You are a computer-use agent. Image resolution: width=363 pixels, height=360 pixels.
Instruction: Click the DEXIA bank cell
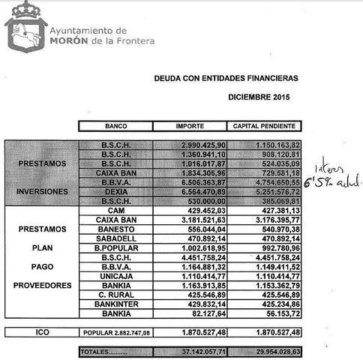pyautogui.click(x=116, y=191)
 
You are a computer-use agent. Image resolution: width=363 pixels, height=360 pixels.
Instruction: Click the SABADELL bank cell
pyautogui.click(x=116, y=238)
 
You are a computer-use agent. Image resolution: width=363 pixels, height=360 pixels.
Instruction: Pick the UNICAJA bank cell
pyautogui.click(x=116, y=277)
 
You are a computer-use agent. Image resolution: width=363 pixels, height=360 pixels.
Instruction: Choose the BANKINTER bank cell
pyautogui.click(x=116, y=305)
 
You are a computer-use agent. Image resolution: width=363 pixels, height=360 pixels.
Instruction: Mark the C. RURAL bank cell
pyautogui.click(x=116, y=295)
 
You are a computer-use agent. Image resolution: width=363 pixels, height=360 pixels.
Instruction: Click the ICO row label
pyautogui.click(x=41, y=331)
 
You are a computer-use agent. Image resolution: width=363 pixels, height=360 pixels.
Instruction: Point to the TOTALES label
pyautogui.click(x=97, y=350)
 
